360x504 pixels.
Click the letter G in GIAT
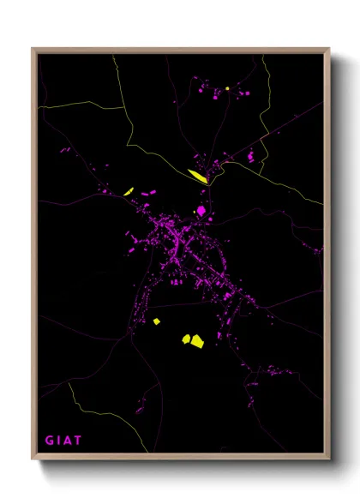click(49, 441)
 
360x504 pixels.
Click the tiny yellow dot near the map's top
click(228, 87)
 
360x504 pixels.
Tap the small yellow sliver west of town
click(129, 191)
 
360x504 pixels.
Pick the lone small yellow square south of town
click(157, 321)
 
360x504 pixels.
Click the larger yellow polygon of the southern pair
click(197, 341)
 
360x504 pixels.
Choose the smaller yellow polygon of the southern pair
click(185, 338)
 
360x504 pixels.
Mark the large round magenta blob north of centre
click(201, 210)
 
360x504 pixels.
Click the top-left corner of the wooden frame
click(33, 49)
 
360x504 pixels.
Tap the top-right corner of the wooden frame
click(329, 49)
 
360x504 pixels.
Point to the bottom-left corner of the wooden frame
click(33, 459)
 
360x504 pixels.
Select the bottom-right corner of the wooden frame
click(329, 459)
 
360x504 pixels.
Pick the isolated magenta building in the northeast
click(251, 157)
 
